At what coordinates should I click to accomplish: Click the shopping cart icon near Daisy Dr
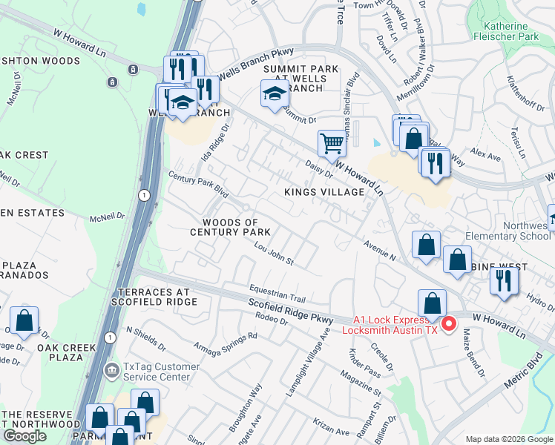pyautogui.click(x=332, y=142)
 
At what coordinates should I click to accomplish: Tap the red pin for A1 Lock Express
pyautogui.click(x=449, y=324)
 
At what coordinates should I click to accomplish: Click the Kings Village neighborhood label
pyautogui.click(x=325, y=192)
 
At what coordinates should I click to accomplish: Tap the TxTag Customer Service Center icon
pyautogui.click(x=111, y=369)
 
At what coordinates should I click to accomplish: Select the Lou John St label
pyautogui.click(x=275, y=254)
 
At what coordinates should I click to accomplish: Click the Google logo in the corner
pyautogui.click(x=24, y=436)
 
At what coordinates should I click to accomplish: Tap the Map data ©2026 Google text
pyautogui.click(x=508, y=439)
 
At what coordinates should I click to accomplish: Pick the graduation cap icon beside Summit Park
pyautogui.click(x=275, y=95)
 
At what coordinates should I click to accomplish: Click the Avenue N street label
pyautogui.click(x=380, y=251)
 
